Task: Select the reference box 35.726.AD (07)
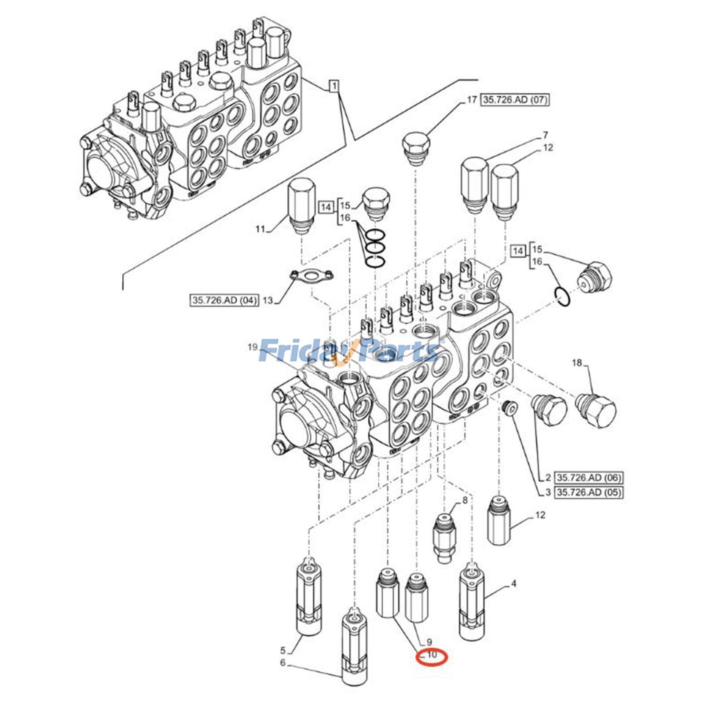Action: [x=515, y=100]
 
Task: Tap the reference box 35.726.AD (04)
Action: [x=224, y=300]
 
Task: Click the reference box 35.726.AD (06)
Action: [x=589, y=477]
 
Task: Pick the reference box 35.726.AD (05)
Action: [x=589, y=492]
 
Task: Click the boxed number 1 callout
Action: [x=334, y=86]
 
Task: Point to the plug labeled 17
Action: [x=416, y=149]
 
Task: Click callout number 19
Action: [x=252, y=347]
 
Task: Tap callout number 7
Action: [x=545, y=135]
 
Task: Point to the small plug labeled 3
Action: [x=510, y=409]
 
